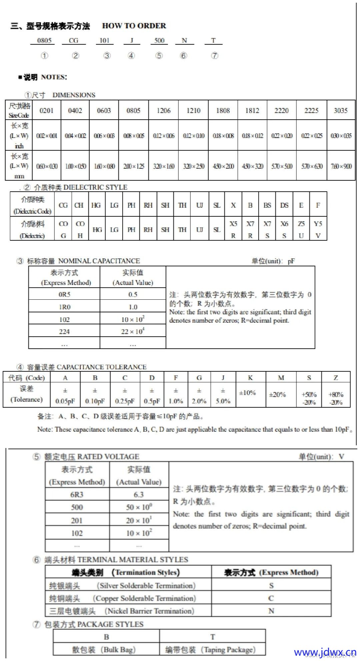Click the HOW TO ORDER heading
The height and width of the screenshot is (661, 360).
pyautogui.click(x=134, y=26)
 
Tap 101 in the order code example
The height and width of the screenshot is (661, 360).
pyautogui.click(x=104, y=40)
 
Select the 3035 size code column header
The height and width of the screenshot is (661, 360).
pyautogui.click(x=341, y=111)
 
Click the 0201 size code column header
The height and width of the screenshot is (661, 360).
pyautogui.click(x=46, y=111)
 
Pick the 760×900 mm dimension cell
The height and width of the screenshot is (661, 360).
pyautogui.click(x=341, y=166)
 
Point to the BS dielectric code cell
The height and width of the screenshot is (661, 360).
pyautogui.click(x=267, y=205)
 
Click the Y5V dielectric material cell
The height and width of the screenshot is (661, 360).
pyautogui.click(x=318, y=229)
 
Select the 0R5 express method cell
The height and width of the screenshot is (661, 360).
pyautogui.click(x=64, y=294)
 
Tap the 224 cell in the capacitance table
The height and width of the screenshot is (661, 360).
pyautogui.click(x=64, y=331)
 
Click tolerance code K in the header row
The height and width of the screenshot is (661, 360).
pyautogui.click(x=250, y=378)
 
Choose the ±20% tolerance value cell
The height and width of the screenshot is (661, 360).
pyautogui.click(x=277, y=394)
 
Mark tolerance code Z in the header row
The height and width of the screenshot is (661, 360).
pyautogui.click(x=336, y=378)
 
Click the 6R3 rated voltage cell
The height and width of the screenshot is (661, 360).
pyautogui.click(x=77, y=495)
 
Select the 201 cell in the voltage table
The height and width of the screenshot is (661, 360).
pyautogui.click(x=77, y=520)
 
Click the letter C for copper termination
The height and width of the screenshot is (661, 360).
pyautogui.click(x=271, y=598)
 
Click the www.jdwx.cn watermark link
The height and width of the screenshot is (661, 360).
pyautogui.click(x=325, y=652)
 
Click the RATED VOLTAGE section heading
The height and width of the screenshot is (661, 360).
pyautogui.click(x=91, y=457)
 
